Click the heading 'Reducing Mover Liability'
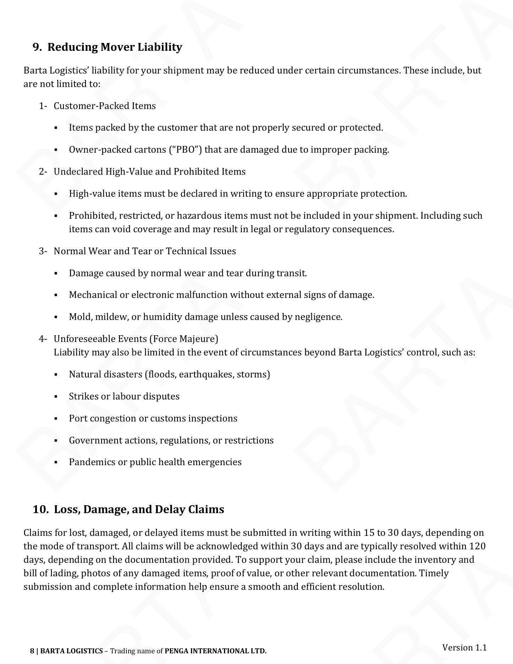tap(115, 47)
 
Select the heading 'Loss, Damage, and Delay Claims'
tap(139, 509)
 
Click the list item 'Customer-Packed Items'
tap(105, 106)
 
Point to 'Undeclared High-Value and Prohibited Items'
tap(149, 172)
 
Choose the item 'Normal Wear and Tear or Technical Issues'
tap(145, 251)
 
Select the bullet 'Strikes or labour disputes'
tap(124, 396)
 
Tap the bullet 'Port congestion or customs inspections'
tap(153, 418)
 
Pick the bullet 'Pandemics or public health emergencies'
tap(155, 462)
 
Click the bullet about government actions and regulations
tap(171, 440)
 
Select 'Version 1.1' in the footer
tap(464, 647)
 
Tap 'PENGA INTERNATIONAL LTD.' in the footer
tap(215, 651)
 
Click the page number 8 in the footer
tap(32, 651)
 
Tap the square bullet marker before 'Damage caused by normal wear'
tap(56, 273)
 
